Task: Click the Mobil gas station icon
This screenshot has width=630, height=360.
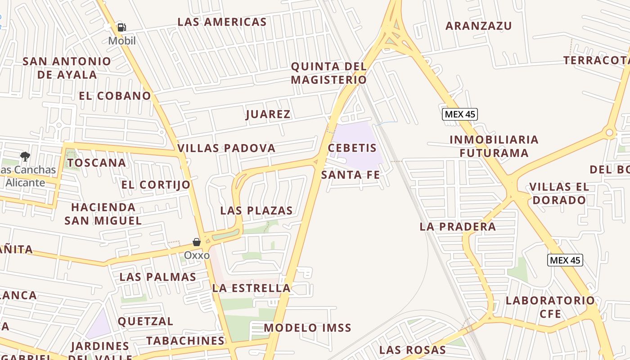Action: tap(121, 27)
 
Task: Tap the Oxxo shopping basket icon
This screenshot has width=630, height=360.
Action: tap(197, 242)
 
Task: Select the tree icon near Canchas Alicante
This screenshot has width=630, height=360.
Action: tap(25, 157)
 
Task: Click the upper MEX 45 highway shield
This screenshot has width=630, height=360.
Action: tap(459, 114)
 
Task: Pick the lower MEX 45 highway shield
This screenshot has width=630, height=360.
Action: tap(565, 260)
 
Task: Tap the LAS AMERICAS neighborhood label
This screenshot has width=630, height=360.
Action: tap(222, 22)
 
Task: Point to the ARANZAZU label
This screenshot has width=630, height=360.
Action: tap(478, 26)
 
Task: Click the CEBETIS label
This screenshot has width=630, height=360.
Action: tap(352, 148)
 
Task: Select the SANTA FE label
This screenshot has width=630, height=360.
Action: tap(351, 175)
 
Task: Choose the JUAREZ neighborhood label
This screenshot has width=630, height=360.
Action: tap(268, 114)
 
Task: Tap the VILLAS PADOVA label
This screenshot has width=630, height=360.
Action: tap(226, 148)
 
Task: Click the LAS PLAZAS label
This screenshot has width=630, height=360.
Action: tap(256, 210)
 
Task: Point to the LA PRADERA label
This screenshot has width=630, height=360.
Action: tap(457, 226)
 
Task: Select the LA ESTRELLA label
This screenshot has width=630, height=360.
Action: tap(251, 288)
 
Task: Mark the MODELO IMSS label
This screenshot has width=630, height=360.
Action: tap(307, 328)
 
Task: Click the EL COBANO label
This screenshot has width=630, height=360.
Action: tap(115, 95)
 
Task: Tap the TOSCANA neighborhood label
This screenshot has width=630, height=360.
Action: tap(96, 162)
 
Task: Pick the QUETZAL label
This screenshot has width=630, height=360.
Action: tap(145, 321)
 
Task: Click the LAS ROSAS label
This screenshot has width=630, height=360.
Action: tap(412, 350)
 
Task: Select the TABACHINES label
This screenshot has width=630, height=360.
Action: tap(185, 341)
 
